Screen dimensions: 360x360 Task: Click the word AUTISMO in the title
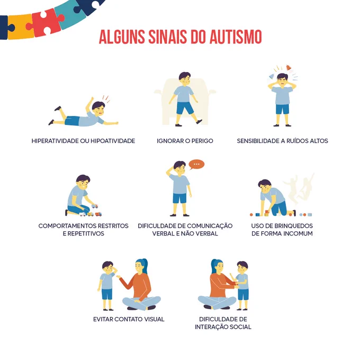click(x=236, y=37)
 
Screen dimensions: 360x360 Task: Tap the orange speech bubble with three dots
click(x=196, y=165)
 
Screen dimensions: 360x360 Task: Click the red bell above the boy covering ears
click(x=289, y=68)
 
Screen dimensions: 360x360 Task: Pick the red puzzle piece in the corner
click(x=46, y=22)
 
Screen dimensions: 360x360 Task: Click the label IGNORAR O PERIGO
click(x=185, y=141)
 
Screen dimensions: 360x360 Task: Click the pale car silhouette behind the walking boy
click(x=185, y=101)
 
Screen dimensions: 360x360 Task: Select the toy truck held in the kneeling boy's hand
click(x=95, y=206)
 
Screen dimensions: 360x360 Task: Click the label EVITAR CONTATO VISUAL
click(x=129, y=319)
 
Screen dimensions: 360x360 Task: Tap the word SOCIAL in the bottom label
click(x=240, y=327)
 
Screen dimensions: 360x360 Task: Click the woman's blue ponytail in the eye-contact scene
click(x=143, y=266)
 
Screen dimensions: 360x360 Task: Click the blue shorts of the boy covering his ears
click(x=282, y=109)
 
